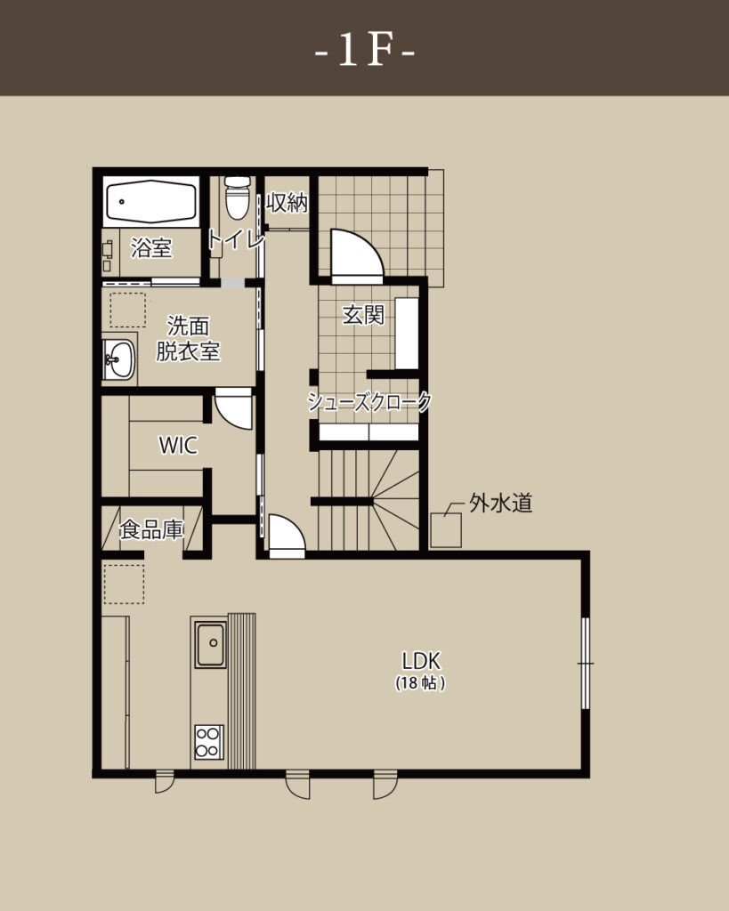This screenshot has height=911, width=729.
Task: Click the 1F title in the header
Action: click(x=365, y=51)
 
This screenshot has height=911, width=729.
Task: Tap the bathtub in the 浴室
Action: click(x=151, y=201)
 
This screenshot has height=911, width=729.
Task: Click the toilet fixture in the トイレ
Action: click(x=237, y=198)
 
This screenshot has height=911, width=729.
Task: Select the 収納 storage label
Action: click(x=287, y=203)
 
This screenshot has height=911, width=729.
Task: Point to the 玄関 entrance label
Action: click(x=363, y=315)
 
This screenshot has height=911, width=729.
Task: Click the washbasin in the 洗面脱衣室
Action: click(x=119, y=359)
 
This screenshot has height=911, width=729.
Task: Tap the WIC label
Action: click(x=178, y=446)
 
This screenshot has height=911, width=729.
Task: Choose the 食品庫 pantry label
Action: click(x=151, y=530)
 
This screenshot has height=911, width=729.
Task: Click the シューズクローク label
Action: click(x=369, y=401)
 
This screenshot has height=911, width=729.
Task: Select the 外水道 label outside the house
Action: click(x=501, y=504)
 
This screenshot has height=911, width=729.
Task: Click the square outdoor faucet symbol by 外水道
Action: click(x=446, y=530)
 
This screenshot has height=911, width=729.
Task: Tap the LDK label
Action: click(x=421, y=661)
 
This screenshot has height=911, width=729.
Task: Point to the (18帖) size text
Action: click(x=421, y=683)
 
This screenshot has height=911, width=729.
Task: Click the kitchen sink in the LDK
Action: click(x=210, y=644)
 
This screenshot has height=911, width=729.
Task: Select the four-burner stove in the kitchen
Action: click(x=208, y=742)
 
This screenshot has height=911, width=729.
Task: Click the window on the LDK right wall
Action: click(x=586, y=663)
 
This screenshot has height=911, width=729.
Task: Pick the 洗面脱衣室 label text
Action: click(x=188, y=339)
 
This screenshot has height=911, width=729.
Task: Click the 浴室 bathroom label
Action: click(x=151, y=248)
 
